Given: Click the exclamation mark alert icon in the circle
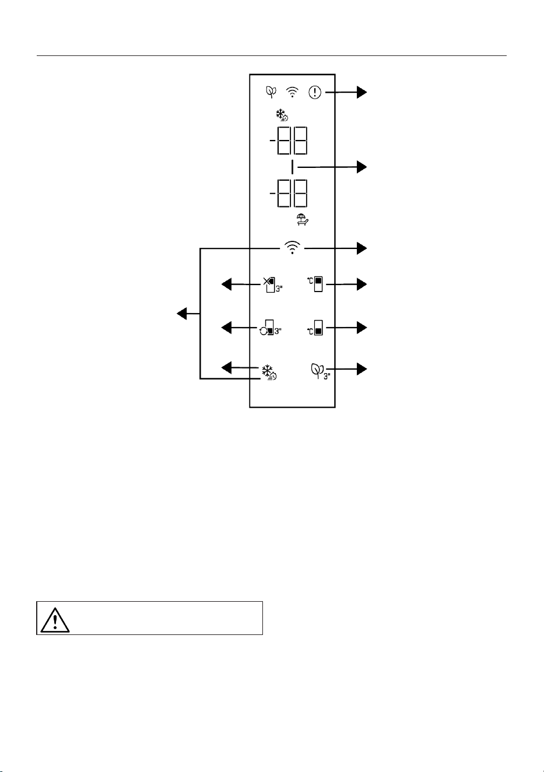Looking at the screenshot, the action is click(315, 92).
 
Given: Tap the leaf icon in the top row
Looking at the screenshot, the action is click(271, 92).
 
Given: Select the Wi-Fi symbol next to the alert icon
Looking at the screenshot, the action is click(292, 92).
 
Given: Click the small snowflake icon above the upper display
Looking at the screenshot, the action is click(282, 115).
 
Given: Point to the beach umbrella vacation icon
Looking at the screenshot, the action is click(303, 220).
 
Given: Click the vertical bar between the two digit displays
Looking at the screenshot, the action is click(292, 167).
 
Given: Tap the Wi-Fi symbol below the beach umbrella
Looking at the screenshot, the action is click(292, 248).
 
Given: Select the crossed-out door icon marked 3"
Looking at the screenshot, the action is click(273, 285).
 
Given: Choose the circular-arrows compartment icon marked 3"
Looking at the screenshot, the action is click(271, 328).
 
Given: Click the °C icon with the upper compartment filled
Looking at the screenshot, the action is click(315, 285).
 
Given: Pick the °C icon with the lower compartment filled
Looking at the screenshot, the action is click(315, 328).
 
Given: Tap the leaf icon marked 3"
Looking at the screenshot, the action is click(320, 371).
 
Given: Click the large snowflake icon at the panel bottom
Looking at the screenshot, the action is click(269, 373).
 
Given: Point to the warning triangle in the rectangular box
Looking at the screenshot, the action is click(55, 621).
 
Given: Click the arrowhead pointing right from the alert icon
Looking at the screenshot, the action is click(362, 92).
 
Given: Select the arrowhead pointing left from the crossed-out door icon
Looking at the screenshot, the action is click(226, 285).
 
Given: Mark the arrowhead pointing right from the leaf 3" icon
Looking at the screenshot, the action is click(362, 369).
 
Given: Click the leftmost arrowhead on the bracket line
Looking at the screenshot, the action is click(182, 314).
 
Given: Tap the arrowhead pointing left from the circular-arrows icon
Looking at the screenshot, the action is click(226, 328).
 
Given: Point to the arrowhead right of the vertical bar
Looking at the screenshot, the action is click(362, 167).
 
